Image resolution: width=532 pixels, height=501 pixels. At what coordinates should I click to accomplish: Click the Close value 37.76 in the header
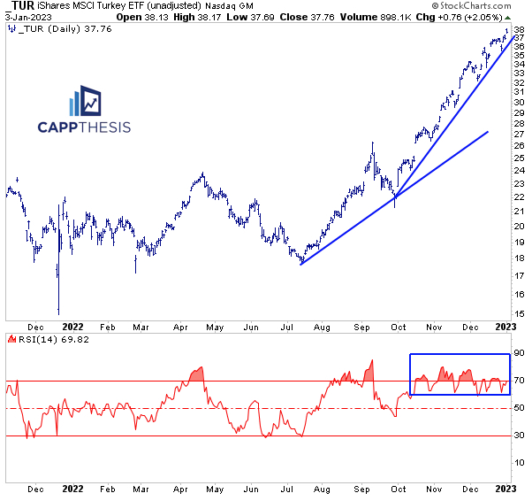pos(308,17)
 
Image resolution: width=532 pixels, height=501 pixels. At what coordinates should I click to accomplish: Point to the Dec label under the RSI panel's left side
pos(36,488)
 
